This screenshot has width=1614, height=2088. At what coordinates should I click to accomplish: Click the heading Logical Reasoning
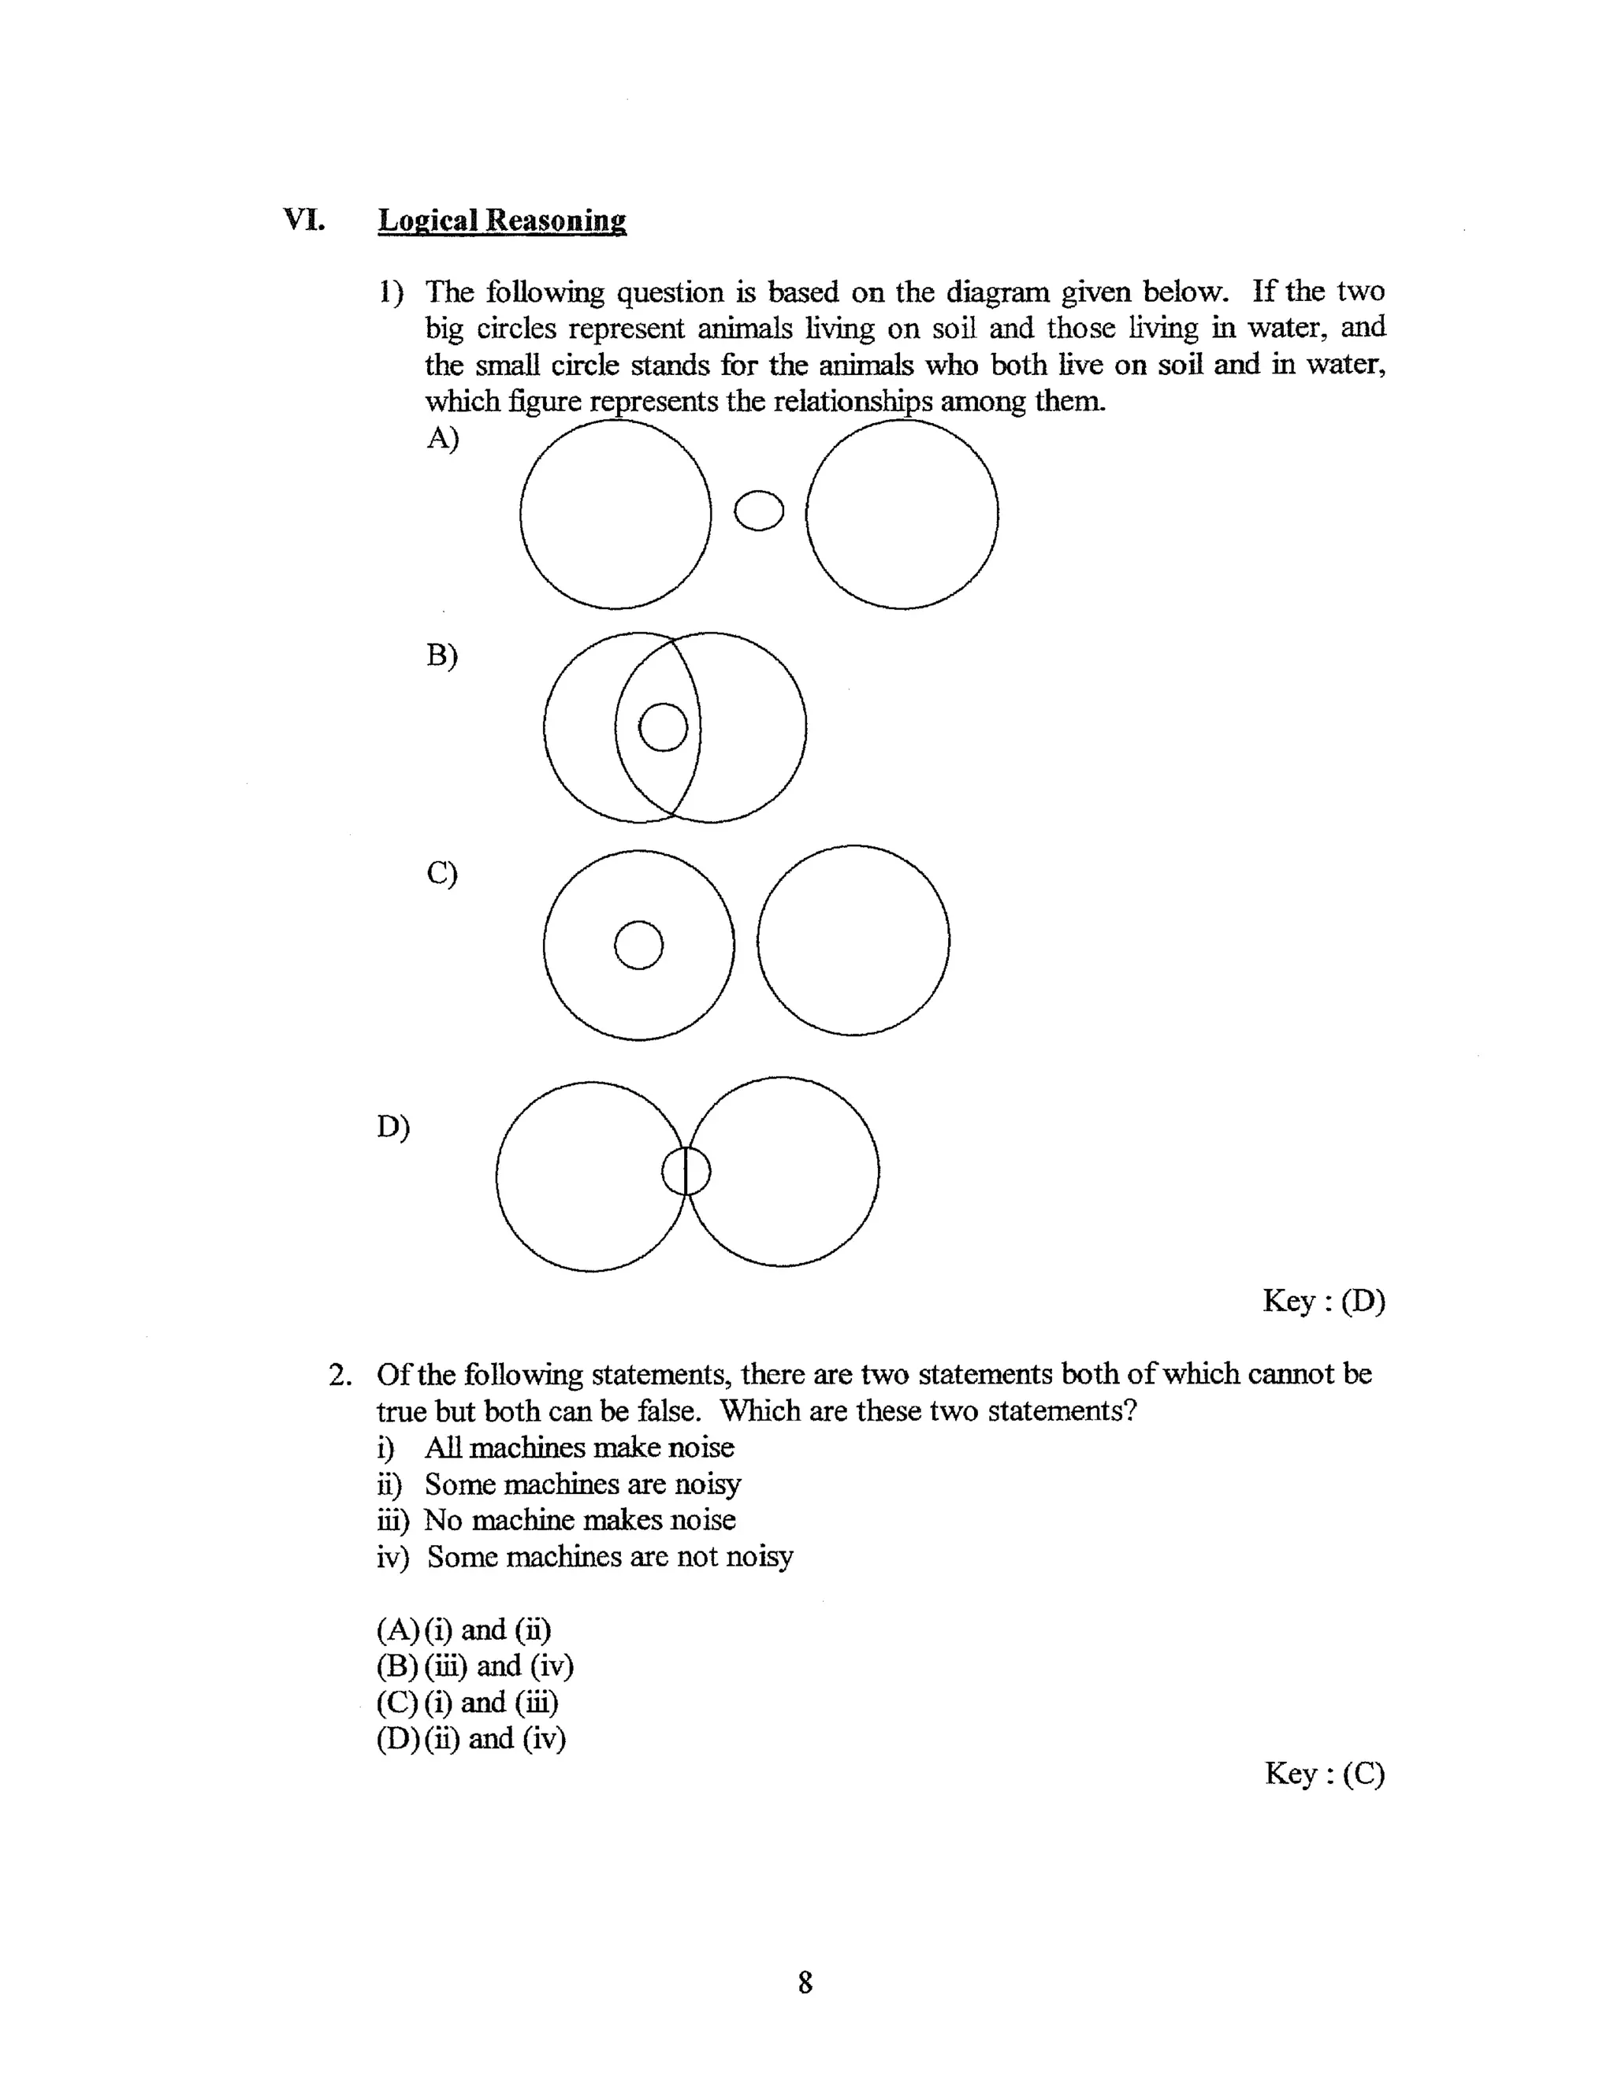502,221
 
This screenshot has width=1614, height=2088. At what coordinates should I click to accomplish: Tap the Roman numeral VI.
304,220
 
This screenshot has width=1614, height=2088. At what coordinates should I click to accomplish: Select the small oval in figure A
758,511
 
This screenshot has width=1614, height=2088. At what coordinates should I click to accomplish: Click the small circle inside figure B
663,726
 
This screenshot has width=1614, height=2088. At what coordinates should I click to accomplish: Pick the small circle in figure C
638,945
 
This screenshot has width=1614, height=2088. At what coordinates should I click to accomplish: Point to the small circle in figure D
686,1170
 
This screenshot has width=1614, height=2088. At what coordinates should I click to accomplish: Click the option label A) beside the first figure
443,438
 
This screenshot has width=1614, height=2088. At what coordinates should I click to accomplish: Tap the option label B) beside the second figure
442,656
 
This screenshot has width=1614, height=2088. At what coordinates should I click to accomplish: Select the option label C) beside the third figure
442,873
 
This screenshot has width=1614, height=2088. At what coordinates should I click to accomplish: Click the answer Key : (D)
1323,1301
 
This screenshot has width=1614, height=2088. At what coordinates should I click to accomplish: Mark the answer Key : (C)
1324,1774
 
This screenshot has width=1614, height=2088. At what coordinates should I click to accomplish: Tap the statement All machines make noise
578,1447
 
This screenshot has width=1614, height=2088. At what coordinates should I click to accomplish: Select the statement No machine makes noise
579,1520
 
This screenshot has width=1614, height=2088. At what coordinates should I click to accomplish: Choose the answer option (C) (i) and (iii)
467,1703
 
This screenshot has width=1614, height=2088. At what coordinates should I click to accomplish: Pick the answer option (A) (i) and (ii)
463,1630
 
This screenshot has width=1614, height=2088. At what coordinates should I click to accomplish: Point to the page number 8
805,1983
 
